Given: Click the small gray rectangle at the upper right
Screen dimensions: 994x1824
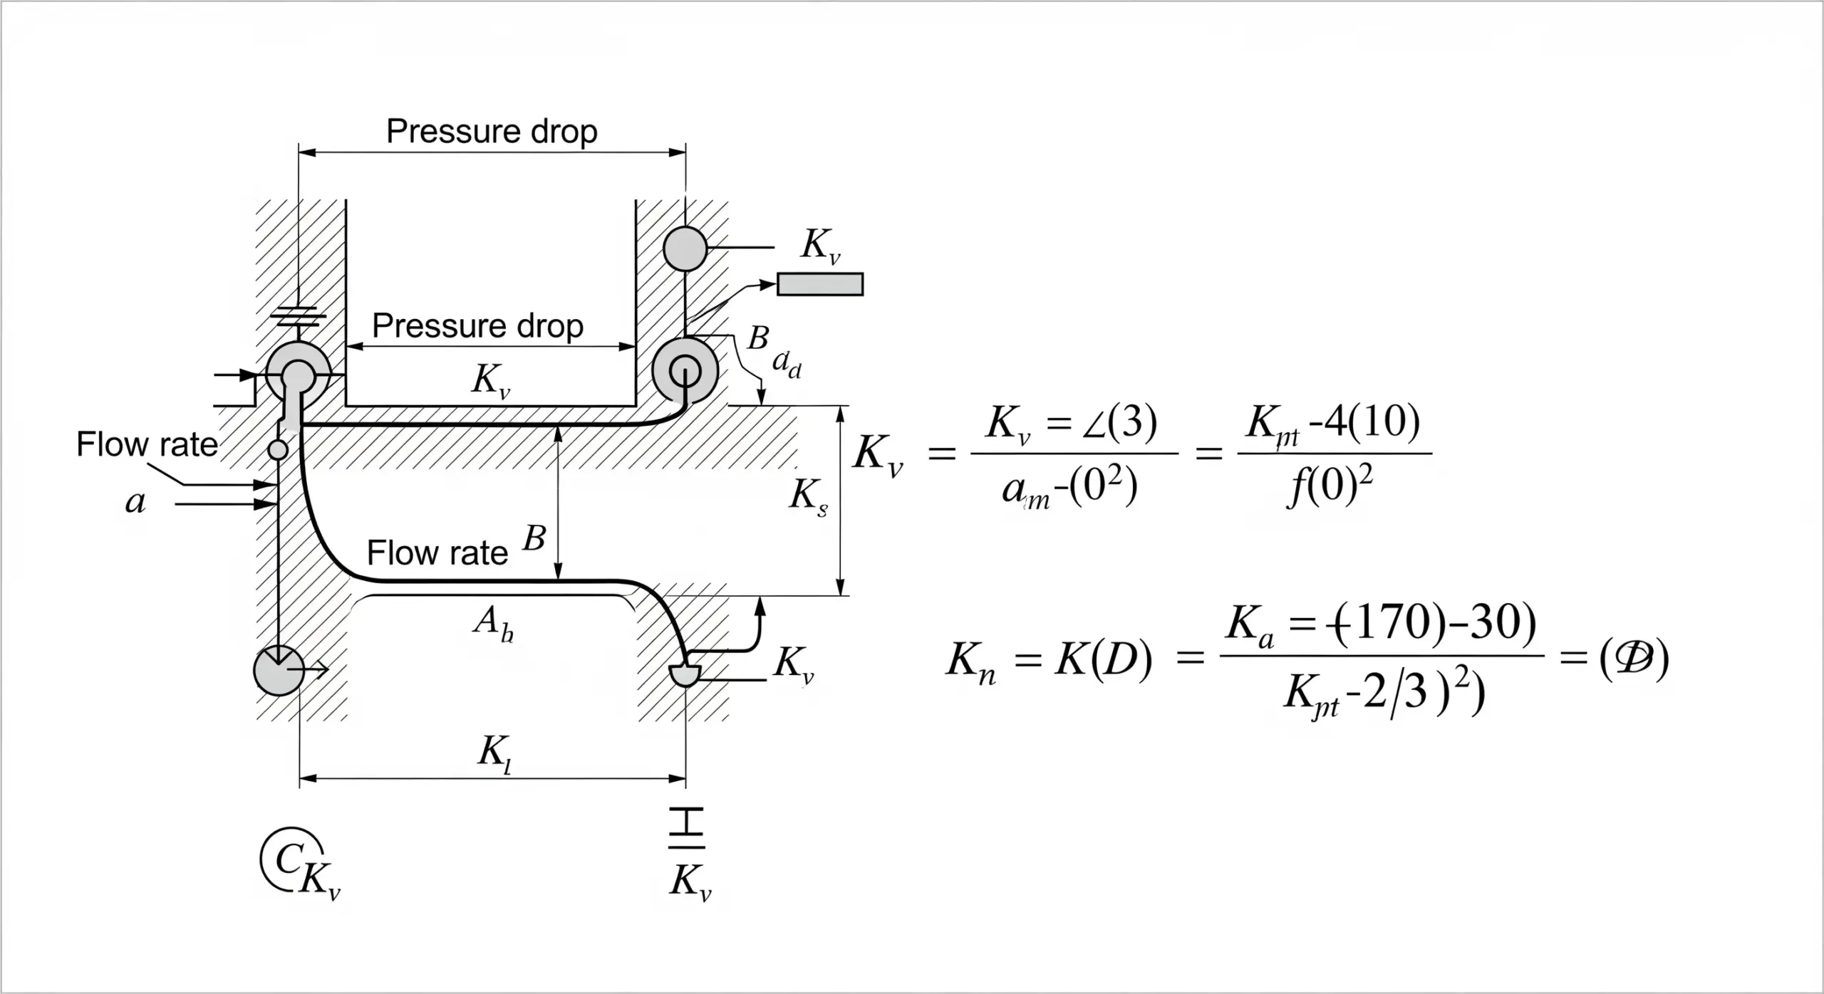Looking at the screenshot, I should (x=820, y=284).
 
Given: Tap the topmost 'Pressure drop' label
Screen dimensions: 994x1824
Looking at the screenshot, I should (x=492, y=132).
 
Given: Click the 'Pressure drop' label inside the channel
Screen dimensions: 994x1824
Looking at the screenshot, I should (x=477, y=326).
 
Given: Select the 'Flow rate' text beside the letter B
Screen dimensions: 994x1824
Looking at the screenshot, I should (x=437, y=553).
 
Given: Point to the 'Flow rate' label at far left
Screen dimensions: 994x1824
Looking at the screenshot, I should (x=147, y=444).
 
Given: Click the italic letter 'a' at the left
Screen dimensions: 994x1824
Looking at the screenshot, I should (x=135, y=503).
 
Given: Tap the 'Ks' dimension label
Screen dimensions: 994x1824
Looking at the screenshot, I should (x=808, y=496).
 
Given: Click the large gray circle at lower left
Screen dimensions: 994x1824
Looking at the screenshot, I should (x=279, y=670).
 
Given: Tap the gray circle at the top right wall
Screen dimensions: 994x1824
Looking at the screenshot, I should (x=685, y=248).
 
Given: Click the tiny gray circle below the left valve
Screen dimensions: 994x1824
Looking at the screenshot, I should (x=277, y=449).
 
